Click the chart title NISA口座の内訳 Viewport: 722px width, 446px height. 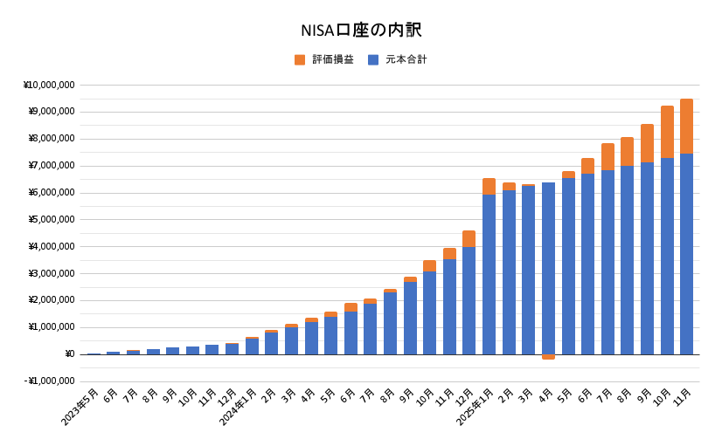pyautogui.click(x=360, y=31)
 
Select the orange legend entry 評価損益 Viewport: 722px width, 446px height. pyautogui.click(x=324, y=59)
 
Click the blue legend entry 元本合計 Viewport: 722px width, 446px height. pyautogui.click(x=398, y=59)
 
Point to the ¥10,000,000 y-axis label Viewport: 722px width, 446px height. pyautogui.click(x=49, y=85)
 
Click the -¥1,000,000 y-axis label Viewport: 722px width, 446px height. pyautogui.click(x=49, y=381)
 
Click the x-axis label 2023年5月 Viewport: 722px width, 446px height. pyautogui.click(x=80, y=407)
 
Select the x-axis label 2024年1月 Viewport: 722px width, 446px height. pyautogui.click(x=239, y=407)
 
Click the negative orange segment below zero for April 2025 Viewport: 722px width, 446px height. pyautogui.click(x=548, y=357)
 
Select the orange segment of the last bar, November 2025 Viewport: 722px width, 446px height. pyautogui.click(x=686, y=126)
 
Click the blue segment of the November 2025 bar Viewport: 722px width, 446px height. pyautogui.click(x=686, y=253)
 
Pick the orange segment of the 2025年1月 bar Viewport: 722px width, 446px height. pyautogui.click(x=489, y=186)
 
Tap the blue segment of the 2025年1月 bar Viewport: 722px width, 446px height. pyautogui.click(x=489, y=274)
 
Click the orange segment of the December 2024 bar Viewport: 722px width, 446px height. pyautogui.click(x=469, y=238)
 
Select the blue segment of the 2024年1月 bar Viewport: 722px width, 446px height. pyautogui.click(x=252, y=346)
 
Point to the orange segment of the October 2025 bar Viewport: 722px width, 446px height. pyautogui.click(x=667, y=132)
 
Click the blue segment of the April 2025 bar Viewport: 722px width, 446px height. pyautogui.click(x=548, y=268)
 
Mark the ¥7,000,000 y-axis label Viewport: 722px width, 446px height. pyautogui.click(x=52, y=165)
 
